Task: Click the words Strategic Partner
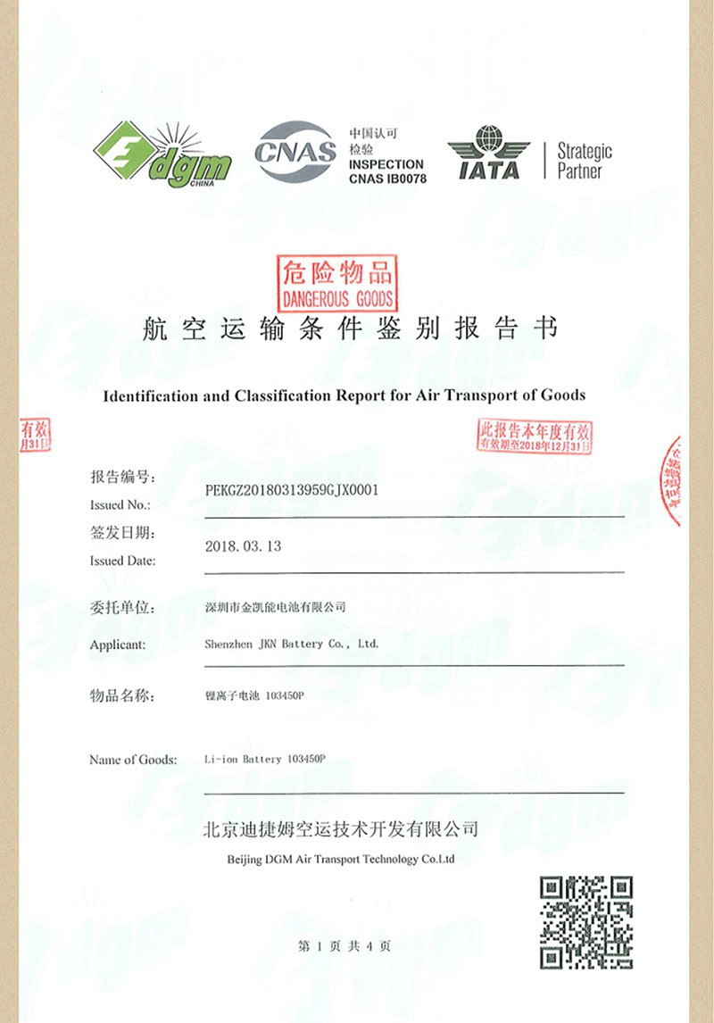pyautogui.click(x=585, y=161)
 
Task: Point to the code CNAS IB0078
pyautogui.click(x=386, y=179)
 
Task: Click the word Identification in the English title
pyautogui.click(x=152, y=395)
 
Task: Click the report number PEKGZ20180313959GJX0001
pyautogui.click(x=292, y=490)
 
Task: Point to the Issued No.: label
pyautogui.click(x=113, y=504)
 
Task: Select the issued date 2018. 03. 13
pyautogui.click(x=243, y=545)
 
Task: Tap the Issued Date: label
pyautogui.click(x=123, y=561)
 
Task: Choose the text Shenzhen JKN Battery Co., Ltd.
pyautogui.click(x=292, y=644)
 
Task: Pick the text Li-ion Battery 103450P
pyautogui.click(x=265, y=759)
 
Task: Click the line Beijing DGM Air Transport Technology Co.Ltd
pyautogui.click(x=336, y=860)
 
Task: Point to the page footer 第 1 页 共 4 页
pyautogui.click(x=344, y=946)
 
